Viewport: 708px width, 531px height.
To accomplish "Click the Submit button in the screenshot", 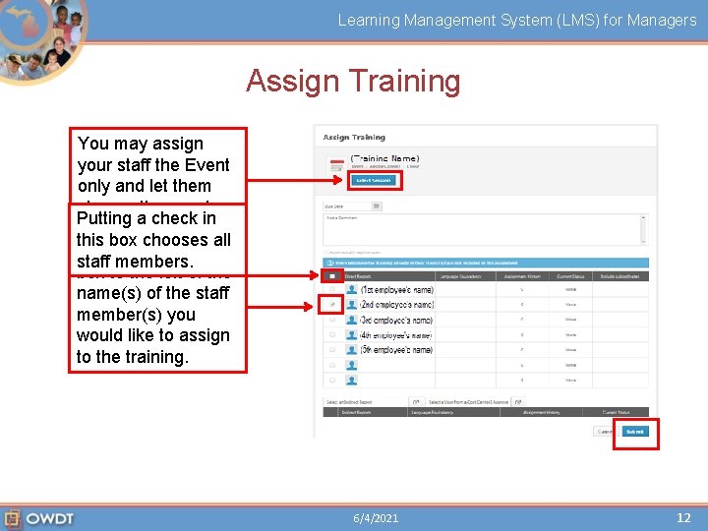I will (634, 432).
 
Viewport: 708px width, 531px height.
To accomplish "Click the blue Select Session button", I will (374, 180).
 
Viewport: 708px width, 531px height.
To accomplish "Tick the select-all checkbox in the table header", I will (332, 276).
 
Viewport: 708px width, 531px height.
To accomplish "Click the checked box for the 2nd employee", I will (332, 305).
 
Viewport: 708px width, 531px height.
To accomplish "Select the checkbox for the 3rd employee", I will (332, 320).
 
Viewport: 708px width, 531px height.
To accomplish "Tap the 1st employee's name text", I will (396, 290).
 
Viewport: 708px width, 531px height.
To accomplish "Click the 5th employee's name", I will (396, 350).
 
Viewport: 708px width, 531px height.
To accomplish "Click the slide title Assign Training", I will (353, 81).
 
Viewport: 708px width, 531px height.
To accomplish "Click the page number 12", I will (683, 517).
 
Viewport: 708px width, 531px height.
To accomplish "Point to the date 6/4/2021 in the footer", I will (377, 518).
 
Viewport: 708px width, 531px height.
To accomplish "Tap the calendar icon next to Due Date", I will (377, 206).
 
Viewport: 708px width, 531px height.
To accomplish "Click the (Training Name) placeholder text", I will (384, 157).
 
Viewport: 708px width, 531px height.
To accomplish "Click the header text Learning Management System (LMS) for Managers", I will (517, 20).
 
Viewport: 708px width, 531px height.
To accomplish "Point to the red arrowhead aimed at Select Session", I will (340, 181).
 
